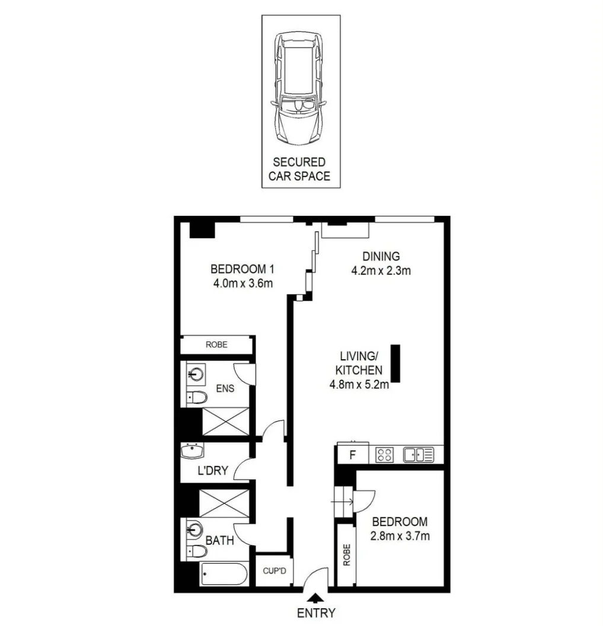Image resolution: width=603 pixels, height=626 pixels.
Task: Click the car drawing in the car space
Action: tap(300, 90)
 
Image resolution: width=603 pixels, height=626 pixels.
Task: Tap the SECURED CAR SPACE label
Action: tap(299, 169)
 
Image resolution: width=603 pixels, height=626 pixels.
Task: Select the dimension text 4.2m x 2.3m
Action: tap(381, 271)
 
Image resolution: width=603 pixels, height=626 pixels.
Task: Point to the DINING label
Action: tap(381, 257)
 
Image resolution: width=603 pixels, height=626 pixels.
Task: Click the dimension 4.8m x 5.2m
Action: tap(359, 385)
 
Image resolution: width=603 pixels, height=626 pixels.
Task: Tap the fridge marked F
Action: tap(352, 456)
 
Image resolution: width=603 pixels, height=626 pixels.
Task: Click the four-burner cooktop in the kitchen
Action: tap(384, 455)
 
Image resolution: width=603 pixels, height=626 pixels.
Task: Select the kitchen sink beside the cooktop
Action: tap(419, 455)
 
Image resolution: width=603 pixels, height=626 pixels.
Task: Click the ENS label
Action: tap(225, 389)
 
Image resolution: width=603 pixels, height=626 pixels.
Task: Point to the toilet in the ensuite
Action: tap(196, 397)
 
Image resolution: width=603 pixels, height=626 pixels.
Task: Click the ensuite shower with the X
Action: tap(226, 421)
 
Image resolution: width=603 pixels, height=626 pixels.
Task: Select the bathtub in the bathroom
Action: tap(224, 574)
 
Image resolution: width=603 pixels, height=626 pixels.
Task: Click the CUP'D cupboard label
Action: tap(275, 573)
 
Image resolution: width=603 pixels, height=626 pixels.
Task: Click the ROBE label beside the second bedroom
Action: tap(345, 555)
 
